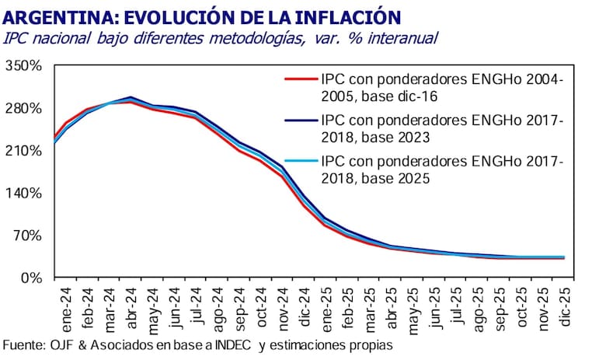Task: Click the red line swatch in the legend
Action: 300,79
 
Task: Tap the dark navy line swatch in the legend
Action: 300,121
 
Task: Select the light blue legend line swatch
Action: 300,163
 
